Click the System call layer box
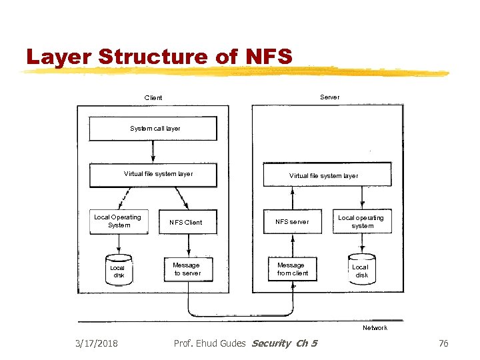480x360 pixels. coord(153,129)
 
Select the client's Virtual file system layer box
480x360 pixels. coord(158,175)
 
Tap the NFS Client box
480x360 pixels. coord(185,222)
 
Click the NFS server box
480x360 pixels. coord(292,222)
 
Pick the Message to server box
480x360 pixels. coord(187,269)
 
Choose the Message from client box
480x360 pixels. coord(292,269)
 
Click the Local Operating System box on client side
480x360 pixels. coord(118,221)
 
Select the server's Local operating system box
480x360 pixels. coord(362,222)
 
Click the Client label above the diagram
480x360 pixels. coord(153,98)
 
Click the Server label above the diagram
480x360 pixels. coord(329,97)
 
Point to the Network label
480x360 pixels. coord(375,328)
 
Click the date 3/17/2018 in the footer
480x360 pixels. coord(97,343)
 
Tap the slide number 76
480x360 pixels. coord(443,343)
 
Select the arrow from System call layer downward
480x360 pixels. coord(153,152)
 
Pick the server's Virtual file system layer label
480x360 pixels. coord(323,176)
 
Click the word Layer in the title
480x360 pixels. coord(59,57)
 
